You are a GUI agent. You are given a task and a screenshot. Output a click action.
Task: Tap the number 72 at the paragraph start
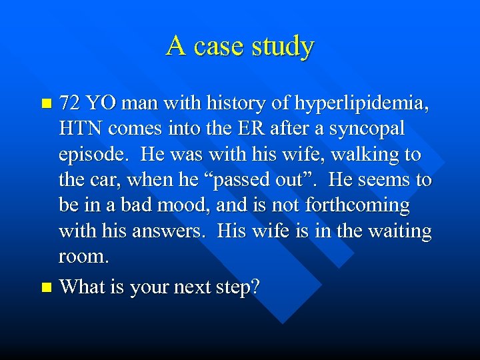69,103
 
